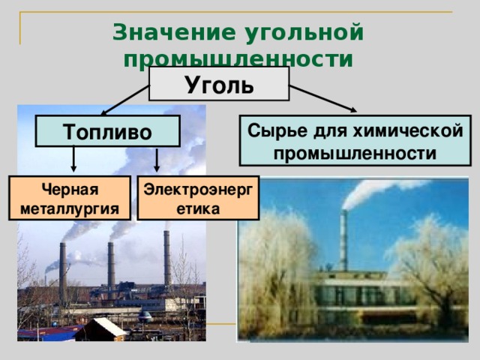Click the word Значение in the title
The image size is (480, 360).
click(174, 31)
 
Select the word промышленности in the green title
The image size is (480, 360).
click(238, 58)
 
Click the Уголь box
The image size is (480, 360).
click(219, 83)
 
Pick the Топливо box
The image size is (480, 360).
click(107, 131)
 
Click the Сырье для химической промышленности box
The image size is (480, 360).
click(355, 140)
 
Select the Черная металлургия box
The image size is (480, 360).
click(70, 198)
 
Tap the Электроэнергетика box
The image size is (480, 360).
click(198, 198)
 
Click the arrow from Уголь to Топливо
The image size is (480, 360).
click(125, 100)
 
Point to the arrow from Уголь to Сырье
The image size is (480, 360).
click(323, 98)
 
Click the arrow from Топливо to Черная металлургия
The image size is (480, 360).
click(73, 159)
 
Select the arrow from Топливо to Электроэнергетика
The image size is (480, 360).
click(157, 160)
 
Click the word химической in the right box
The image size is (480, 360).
click(408, 130)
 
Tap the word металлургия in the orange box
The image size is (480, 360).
click(70, 209)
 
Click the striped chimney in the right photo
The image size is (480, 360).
click(344, 240)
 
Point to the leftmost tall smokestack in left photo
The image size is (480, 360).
click(63, 273)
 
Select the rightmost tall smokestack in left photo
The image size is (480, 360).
click(167, 259)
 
